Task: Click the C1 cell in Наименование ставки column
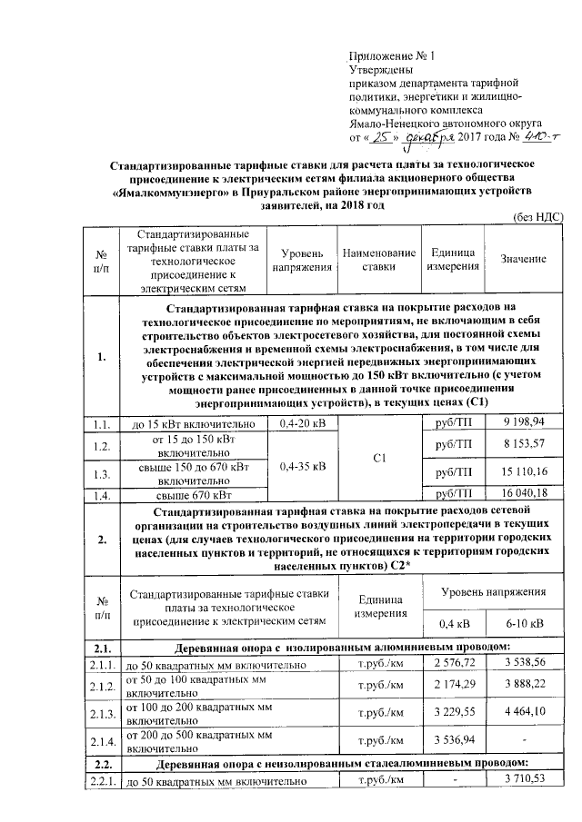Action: tap(380, 460)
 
